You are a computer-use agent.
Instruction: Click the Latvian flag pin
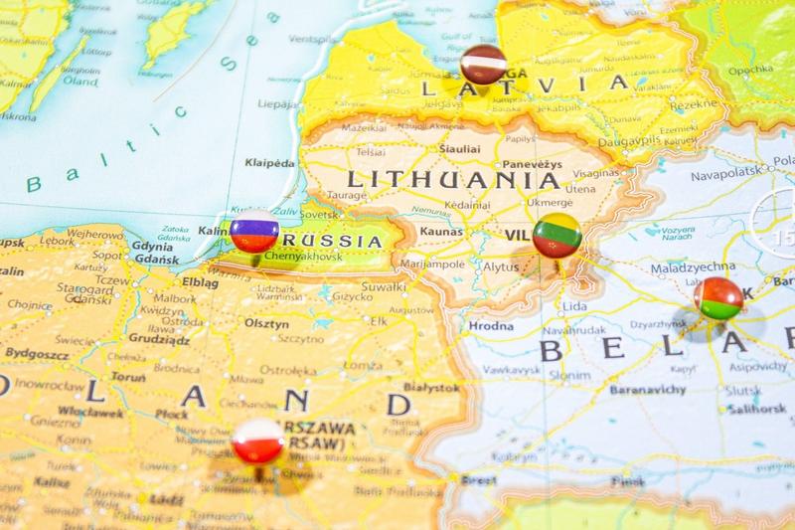click(484, 65)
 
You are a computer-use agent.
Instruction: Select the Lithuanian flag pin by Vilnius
click(556, 237)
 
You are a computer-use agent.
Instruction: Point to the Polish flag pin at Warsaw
click(258, 442)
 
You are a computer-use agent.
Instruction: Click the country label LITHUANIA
click(452, 181)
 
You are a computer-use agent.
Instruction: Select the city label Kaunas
click(442, 231)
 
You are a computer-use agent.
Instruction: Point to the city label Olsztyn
click(266, 323)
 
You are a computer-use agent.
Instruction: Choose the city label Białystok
click(431, 387)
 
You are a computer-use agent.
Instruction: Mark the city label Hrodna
click(490, 326)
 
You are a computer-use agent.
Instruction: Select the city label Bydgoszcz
click(37, 352)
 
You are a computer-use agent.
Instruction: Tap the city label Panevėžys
click(532, 163)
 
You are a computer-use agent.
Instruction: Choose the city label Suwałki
click(384, 287)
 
